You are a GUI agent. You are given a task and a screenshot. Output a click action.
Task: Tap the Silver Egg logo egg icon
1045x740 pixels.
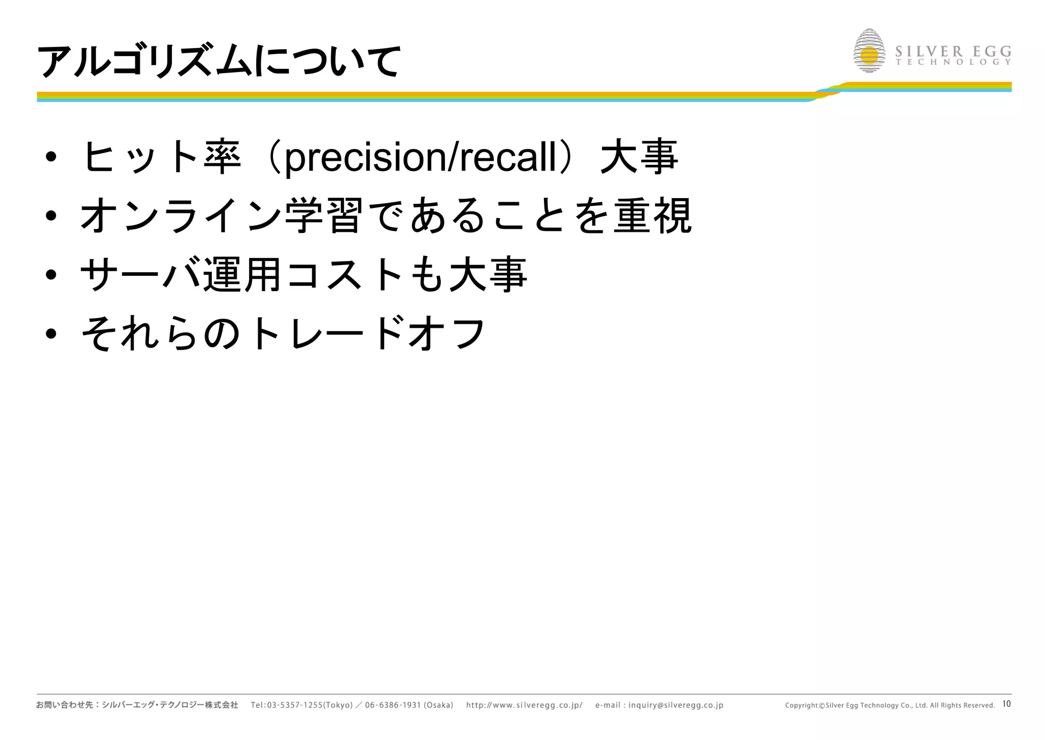click(x=869, y=51)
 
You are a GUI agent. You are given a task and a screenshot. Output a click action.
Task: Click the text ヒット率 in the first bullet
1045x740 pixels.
click(x=161, y=157)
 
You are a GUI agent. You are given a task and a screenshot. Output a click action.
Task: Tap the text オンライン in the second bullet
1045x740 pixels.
click(x=181, y=216)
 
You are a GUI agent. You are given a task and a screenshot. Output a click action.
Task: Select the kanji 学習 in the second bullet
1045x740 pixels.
click(x=324, y=216)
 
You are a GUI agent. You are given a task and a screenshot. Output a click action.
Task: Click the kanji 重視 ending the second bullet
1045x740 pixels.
click(x=652, y=216)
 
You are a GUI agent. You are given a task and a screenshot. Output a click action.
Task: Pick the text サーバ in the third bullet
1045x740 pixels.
click(x=140, y=275)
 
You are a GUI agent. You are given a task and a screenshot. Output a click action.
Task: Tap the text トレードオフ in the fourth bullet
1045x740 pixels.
click(x=367, y=333)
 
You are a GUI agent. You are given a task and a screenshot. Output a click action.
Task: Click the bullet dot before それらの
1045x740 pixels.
click(x=51, y=334)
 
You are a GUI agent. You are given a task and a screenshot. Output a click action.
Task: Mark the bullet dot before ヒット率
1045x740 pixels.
click(x=51, y=157)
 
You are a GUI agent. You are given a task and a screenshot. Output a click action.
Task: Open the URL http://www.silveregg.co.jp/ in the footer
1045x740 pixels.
click(x=524, y=705)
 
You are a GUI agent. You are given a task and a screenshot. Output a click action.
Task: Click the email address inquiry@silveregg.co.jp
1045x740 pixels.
click(x=676, y=705)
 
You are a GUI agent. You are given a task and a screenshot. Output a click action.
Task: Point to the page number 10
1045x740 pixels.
click(x=1006, y=704)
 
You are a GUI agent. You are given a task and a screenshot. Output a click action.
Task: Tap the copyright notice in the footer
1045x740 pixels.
click(x=889, y=705)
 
